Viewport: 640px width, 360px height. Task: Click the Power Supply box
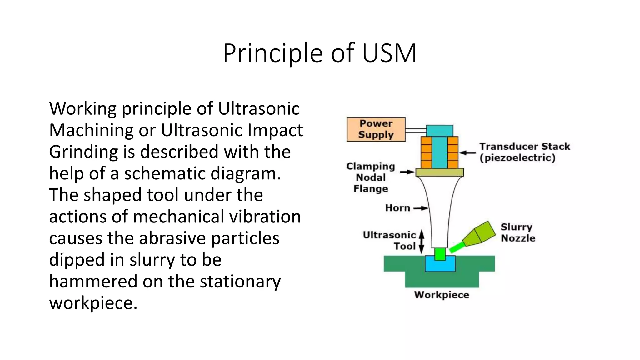click(376, 129)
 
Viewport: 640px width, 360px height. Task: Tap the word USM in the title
click(389, 53)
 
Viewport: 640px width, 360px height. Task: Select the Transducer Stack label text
click(524, 152)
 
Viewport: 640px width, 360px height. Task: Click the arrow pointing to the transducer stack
click(467, 153)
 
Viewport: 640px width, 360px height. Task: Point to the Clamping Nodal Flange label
click(371, 177)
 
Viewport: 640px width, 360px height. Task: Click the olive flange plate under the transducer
click(439, 172)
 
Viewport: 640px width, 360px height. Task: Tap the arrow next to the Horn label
click(421, 208)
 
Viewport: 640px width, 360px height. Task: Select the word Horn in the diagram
click(397, 208)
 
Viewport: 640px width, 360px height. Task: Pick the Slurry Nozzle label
click(518, 232)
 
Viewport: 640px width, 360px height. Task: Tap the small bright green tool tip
click(440, 254)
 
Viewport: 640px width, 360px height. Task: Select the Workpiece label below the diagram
click(441, 295)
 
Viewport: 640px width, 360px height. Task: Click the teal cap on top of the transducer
click(439, 131)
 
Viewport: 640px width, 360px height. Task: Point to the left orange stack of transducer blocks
click(426, 152)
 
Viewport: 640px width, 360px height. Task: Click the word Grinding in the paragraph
click(83, 152)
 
